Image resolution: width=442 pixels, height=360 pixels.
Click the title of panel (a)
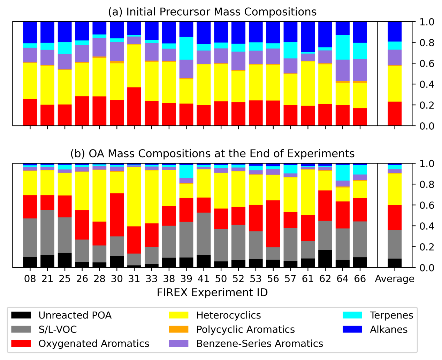pos(212,12)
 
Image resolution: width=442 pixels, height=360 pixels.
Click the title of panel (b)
pos(212,153)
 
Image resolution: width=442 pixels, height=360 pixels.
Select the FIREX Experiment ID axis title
pos(212,292)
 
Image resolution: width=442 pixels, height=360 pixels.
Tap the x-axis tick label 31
pos(134,279)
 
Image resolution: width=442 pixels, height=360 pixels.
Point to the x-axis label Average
pos(395,279)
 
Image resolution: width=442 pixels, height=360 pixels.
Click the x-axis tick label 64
pos(343,279)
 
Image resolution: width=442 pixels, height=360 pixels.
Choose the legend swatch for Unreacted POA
pos(21,315)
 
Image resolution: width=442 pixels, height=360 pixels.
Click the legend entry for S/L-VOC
pos(58,329)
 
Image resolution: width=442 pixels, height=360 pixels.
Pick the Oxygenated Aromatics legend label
pos(94,344)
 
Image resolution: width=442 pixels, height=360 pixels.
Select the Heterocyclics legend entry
pos(228,315)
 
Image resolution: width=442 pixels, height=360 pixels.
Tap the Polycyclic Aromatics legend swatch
pos(179,329)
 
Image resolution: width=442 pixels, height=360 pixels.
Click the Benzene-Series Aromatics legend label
pos(260,344)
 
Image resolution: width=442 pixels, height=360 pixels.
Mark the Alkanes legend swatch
pos(352,329)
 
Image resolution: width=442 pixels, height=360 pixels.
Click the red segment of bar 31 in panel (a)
pos(134,106)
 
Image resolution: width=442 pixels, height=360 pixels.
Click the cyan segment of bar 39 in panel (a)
pos(186,48)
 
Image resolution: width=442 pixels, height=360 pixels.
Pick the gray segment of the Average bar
pos(395,244)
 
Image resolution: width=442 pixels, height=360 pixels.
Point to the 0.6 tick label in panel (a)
pos(421,63)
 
